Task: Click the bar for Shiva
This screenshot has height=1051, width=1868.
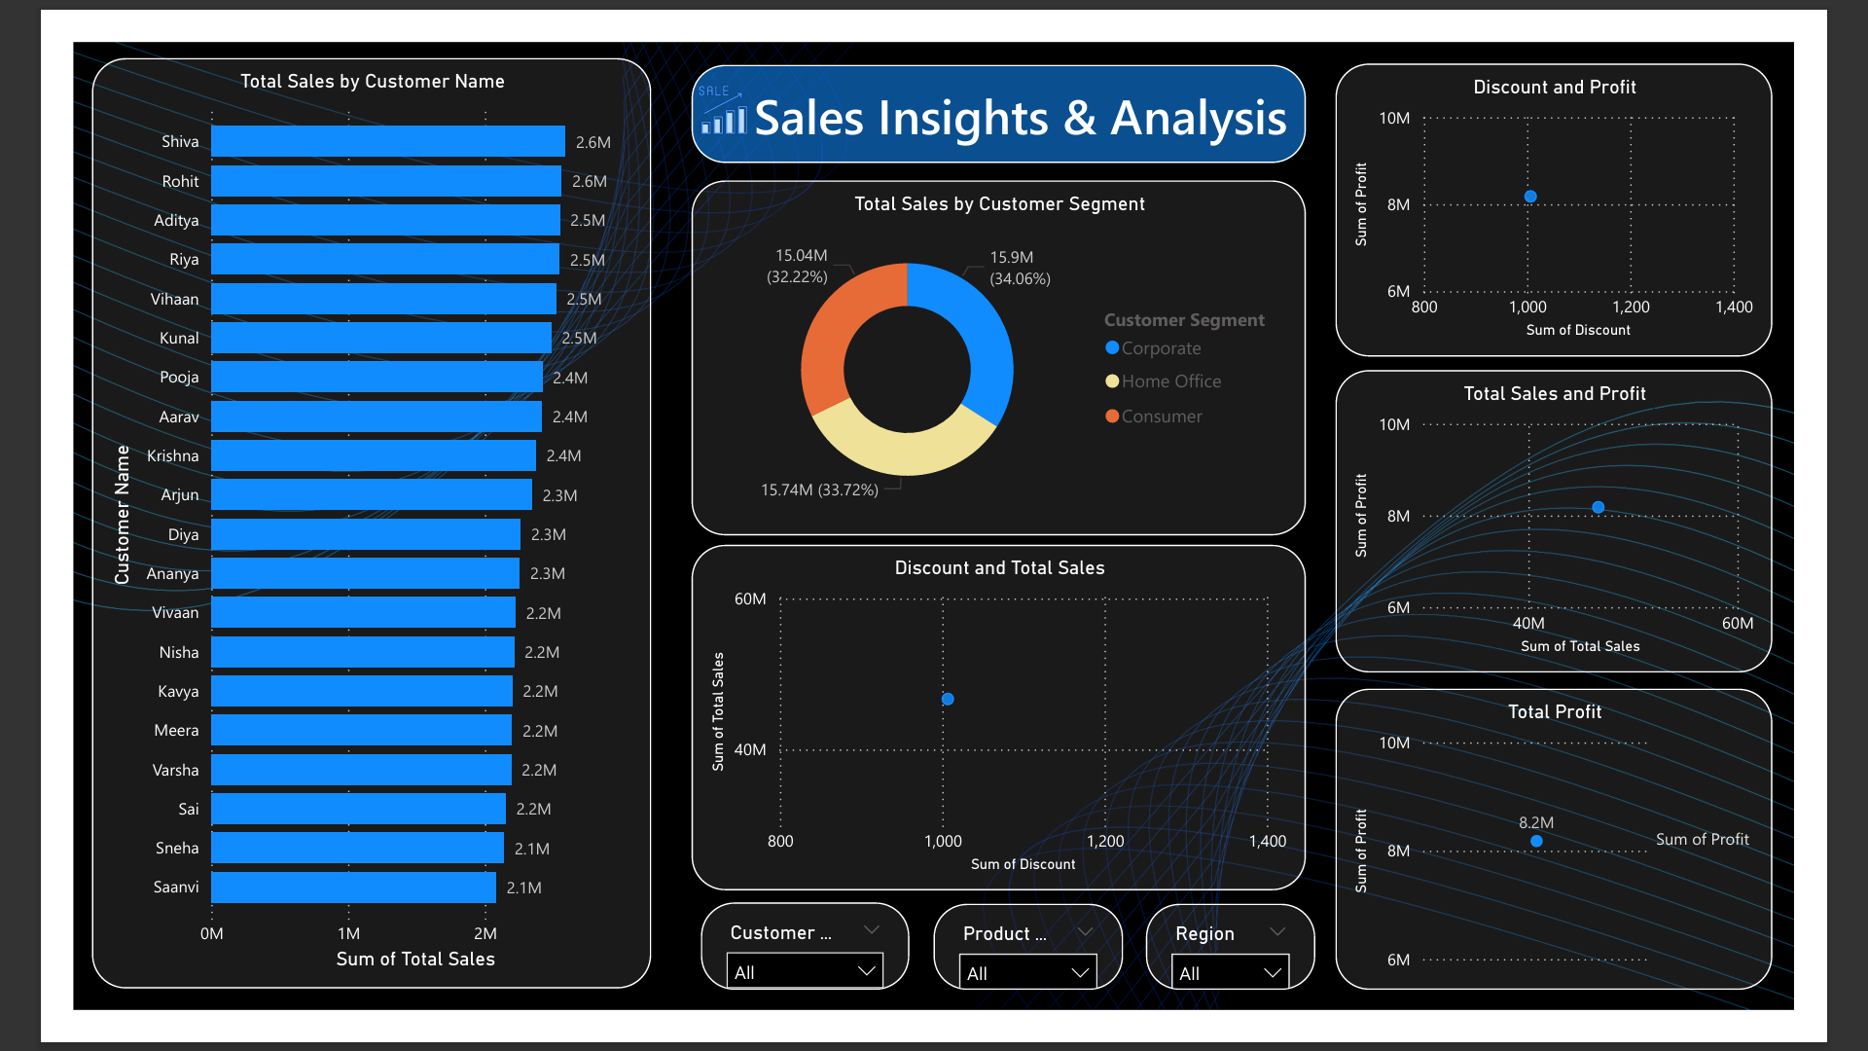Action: pos(387,141)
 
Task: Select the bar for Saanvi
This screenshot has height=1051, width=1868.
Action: pos(353,888)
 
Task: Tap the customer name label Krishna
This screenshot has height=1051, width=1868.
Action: pos(172,455)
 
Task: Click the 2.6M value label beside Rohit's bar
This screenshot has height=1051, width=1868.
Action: pos(590,181)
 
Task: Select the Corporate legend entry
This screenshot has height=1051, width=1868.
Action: pos(1160,348)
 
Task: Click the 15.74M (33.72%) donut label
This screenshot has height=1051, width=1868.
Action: pos(819,489)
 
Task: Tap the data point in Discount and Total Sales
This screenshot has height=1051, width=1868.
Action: pos(948,699)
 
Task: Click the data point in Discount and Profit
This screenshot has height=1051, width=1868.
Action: pos(1530,197)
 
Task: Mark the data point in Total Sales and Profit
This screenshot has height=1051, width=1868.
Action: pos(1599,507)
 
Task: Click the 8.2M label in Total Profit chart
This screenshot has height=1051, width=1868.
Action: pos(1536,822)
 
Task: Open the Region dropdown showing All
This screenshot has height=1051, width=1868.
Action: pos(1232,972)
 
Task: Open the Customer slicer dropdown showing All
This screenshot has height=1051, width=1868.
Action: pos(805,971)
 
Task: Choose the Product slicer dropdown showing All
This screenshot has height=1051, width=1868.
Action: pos(1027,972)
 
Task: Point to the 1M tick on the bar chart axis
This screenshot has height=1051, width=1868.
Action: pos(348,933)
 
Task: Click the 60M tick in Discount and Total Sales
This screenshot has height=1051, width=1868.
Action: pos(750,598)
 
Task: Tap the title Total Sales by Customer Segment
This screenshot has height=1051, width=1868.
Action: pos(999,203)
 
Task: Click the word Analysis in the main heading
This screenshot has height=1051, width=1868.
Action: pos(1199,119)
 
